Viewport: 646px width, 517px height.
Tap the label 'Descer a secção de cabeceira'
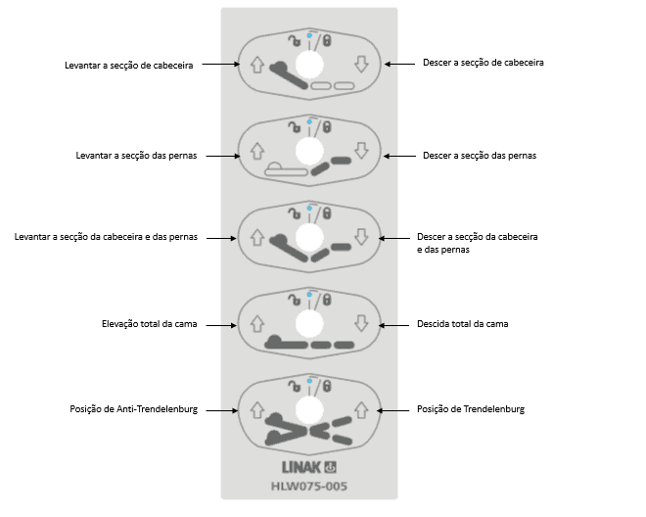[484, 62]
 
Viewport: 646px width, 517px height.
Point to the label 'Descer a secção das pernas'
[480, 155]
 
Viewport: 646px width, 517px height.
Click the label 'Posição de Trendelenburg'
[471, 408]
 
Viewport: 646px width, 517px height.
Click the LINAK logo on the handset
[307, 466]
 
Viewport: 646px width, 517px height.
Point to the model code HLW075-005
[308, 485]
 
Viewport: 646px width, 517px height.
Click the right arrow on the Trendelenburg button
[360, 407]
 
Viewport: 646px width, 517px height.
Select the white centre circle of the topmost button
[308, 64]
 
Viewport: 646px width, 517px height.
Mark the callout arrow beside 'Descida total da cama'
[393, 324]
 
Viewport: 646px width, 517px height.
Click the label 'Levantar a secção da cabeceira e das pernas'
[107, 238]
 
